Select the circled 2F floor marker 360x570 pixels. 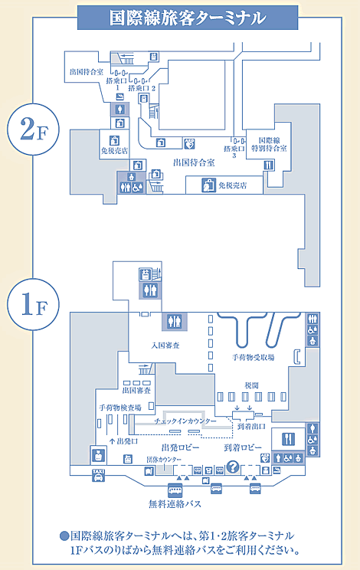click(25, 129)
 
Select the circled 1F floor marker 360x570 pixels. click(25, 304)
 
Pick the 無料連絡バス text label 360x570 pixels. click(175, 504)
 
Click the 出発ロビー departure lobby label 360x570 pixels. click(180, 446)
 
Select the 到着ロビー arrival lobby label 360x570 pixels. click(243, 446)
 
